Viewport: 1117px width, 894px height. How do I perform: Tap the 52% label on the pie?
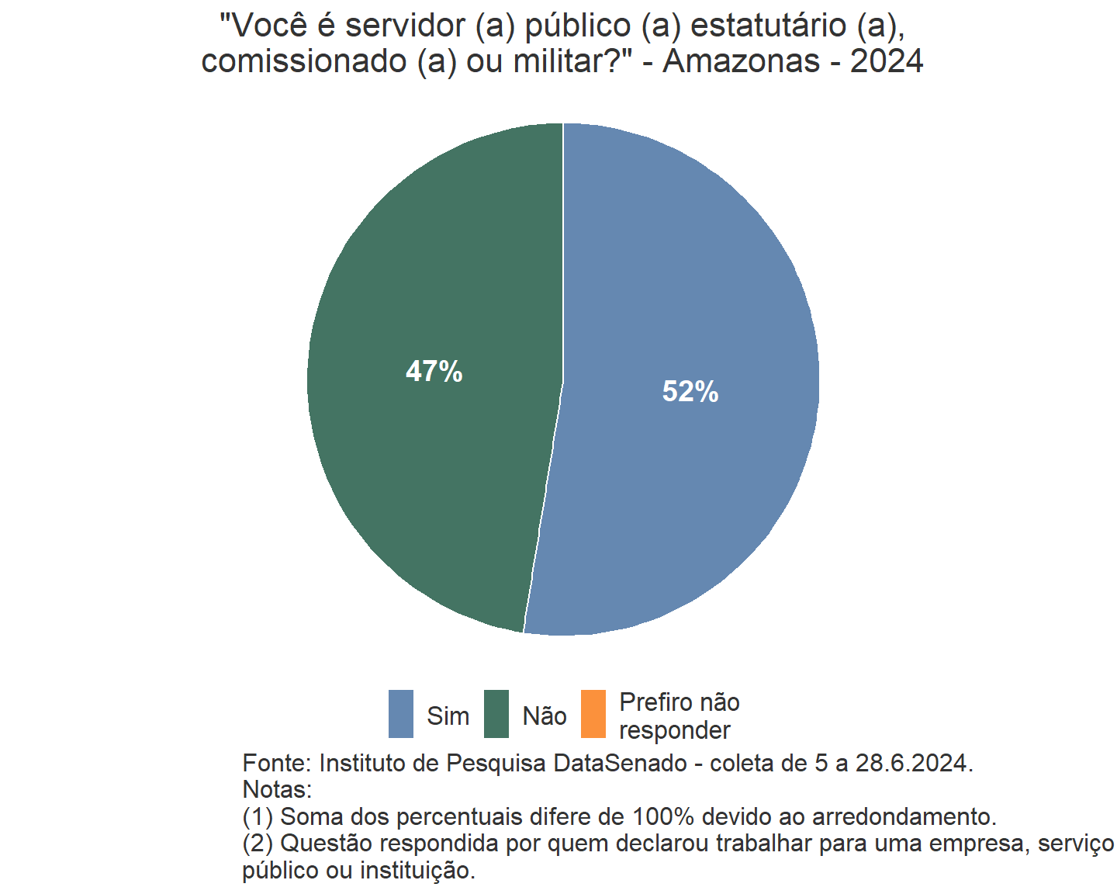point(690,392)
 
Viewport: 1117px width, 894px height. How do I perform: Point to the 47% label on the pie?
point(434,372)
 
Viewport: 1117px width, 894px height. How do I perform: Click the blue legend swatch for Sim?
point(401,714)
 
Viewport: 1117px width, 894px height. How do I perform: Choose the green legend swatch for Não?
point(496,714)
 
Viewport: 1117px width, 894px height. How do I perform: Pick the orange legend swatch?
point(593,714)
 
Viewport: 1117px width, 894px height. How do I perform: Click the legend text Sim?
point(448,716)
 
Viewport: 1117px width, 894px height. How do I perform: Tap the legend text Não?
point(545,716)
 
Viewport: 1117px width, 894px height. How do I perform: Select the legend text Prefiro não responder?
point(679,716)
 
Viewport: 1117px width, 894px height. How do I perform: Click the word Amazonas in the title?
point(741,61)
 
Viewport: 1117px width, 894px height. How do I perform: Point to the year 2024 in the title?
point(887,61)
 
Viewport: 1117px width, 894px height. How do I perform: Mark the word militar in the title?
point(560,61)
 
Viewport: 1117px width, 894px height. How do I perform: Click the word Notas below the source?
point(276,790)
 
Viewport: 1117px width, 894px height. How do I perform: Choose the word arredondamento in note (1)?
point(903,816)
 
